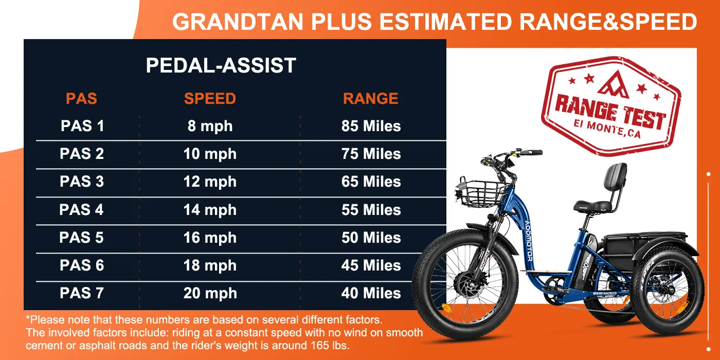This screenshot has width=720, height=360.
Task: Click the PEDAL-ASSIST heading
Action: (x=221, y=65)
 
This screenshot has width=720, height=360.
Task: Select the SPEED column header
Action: (x=210, y=98)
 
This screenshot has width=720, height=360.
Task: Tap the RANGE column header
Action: (x=371, y=98)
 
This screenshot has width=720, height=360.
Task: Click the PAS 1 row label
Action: (x=82, y=125)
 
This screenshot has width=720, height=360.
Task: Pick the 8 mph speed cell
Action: (x=210, y=126)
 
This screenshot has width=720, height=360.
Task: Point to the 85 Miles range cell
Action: (x=371, y=125)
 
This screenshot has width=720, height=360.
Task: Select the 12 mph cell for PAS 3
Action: (x=210, y=182)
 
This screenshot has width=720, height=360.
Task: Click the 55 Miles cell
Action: (x=371, y=210)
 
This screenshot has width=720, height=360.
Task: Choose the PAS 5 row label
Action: (x=81, y=238)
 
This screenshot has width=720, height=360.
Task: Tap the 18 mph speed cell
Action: (x=210, y=266)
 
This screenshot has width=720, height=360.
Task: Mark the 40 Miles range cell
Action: (x=371, y=293)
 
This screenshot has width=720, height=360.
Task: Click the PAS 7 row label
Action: (x=82, y=293)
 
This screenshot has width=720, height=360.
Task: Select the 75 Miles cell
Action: (x=371, y=154)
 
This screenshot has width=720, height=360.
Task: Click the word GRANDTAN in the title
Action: (x=238, y=22)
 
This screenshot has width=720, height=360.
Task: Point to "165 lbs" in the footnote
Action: (x=330, y=346)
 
